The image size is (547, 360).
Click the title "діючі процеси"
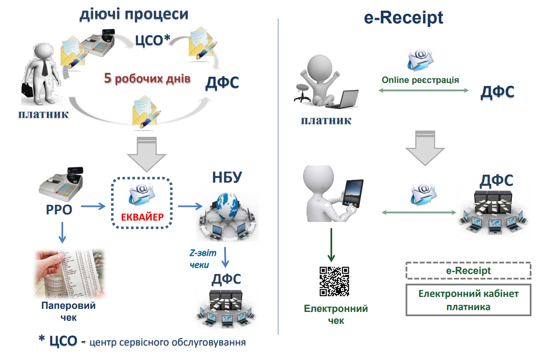click(x=134, y=14)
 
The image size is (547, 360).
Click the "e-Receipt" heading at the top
click(x=403, y=18)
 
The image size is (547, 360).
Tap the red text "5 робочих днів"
click(x=147, y=79)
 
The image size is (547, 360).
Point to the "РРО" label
click(x=58, y=209)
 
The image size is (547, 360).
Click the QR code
click(x=334, y=281)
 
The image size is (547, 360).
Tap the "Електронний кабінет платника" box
click(x=468, y=300)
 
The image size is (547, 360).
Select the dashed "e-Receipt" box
click(x=468, y=271)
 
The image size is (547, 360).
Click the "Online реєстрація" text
click(x=420, y=80)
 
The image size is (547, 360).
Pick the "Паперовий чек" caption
click(x=68, y=311)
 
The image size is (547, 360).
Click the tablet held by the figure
click(x=352, y=193)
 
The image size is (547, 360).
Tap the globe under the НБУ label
click(x=227, y=211)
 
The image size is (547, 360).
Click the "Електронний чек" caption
click(x=336, y=314)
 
